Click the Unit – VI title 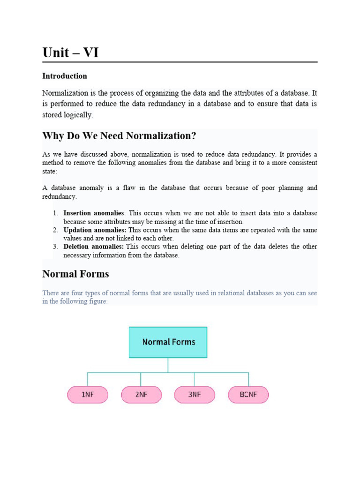(70, 52)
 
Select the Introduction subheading (65, 76)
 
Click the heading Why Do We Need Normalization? (119, 136)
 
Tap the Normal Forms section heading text (75, 273)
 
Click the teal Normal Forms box (168, 342)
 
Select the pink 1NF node (88, 395)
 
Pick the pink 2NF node (141, 395)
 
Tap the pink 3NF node (195, 395)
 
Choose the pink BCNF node (248, 395)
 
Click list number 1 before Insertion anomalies (55, 213)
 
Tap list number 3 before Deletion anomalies (55, 247)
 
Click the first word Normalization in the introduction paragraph (65, 93)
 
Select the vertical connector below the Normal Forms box (168, 365)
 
